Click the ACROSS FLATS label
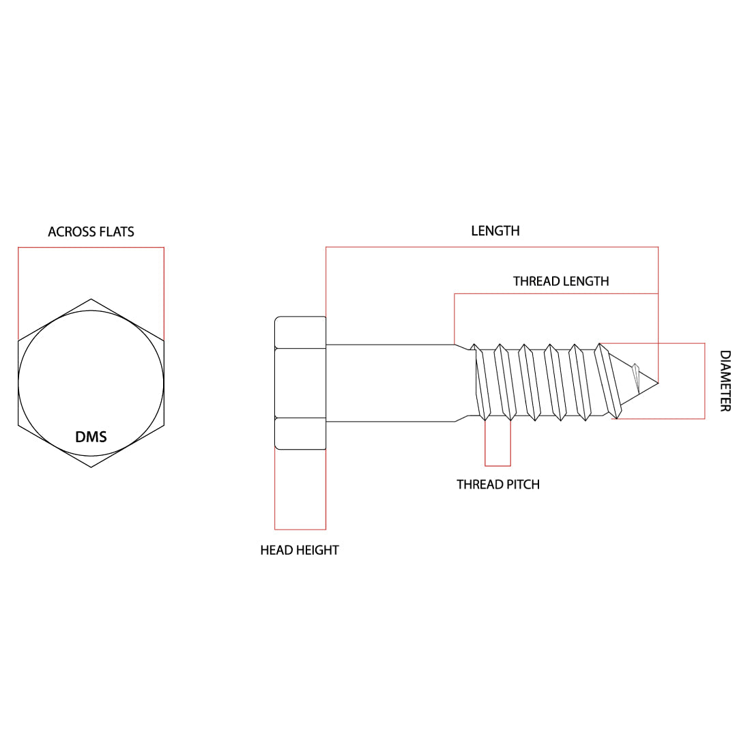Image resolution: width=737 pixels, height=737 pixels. [91, 232]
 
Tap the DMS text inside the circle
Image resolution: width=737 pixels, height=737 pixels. [91, 437]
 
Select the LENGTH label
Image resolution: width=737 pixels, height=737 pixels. [495, 231]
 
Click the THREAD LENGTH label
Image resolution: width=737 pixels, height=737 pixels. [561, 281]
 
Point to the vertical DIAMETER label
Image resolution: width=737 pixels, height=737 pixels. [725, 381]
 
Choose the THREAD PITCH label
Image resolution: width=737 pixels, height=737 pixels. [498, 485]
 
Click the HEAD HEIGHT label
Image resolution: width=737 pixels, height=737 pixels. [300, 550]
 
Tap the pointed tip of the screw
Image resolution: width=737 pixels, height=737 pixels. [658, 383]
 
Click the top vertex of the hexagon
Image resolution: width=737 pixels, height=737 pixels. [91, 299]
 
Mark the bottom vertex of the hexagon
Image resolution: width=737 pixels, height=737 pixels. [91, 467]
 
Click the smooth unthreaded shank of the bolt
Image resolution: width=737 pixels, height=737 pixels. [390, 383]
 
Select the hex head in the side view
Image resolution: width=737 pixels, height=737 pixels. [300, 383]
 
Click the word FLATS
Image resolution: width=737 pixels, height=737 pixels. [117, 232]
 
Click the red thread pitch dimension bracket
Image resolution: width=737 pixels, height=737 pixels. [497, 466]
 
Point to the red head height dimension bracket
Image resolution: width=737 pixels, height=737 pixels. [300, 530]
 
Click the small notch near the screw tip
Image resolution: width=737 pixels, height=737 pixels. [636, 377]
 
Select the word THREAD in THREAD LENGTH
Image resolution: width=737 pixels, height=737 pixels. [534, 281]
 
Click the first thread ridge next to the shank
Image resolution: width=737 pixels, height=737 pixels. [481, 382]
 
